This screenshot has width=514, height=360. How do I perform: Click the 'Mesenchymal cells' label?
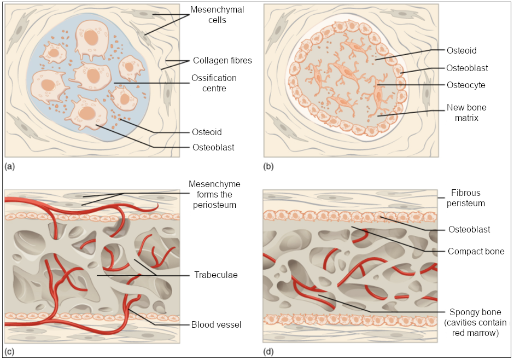pos(217,15)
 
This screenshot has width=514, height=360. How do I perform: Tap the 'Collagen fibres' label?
pos(222,61)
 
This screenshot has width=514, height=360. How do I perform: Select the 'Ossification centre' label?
pos(214,83)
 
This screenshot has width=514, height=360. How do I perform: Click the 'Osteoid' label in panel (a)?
pos(207,132)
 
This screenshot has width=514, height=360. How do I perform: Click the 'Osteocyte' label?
pos(466,85)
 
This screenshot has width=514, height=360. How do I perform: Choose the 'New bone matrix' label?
pos(466,113)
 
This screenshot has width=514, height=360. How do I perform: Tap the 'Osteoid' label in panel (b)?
pos(462,51)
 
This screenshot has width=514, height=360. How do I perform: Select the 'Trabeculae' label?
pos(212,275)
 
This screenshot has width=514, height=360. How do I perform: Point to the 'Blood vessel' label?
pos(216,324)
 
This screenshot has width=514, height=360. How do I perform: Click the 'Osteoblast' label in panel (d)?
pos(469,230)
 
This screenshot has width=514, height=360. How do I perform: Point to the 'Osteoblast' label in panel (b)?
pos(467,68)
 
